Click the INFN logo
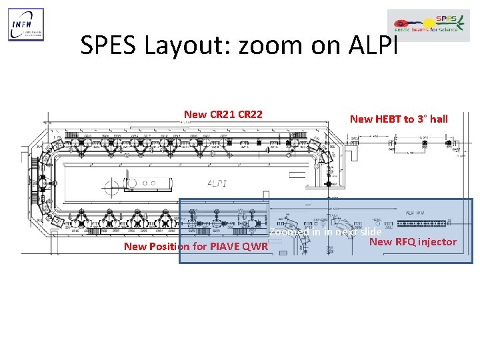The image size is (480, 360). (26, 25)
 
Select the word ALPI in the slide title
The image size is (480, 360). (373, 45)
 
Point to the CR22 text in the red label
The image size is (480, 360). (249, 115)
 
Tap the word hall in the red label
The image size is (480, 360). (439, 119)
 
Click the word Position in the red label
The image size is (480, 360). (173, 247)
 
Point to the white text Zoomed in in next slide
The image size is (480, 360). (325, 232)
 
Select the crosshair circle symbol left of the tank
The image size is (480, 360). (131, 183)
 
